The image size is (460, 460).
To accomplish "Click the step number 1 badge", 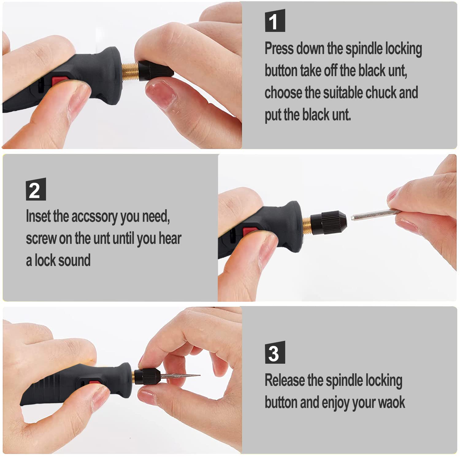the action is point(275,21).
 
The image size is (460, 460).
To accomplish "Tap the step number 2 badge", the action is point(36,189).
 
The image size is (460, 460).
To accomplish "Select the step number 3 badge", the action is point(275,352).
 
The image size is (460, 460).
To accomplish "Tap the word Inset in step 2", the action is point(38,216).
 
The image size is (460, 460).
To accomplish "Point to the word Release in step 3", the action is point(285,380).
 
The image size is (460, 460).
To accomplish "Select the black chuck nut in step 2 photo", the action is point(328,222).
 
